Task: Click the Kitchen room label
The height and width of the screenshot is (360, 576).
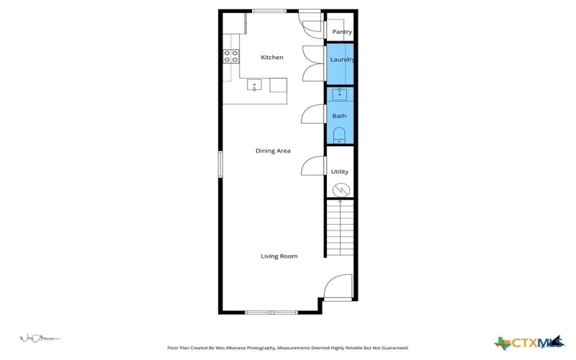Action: click(x=271, y=57)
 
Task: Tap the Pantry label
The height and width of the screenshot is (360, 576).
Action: click(x=342, y=32)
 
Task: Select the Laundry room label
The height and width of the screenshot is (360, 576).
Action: click(x=341, y=59)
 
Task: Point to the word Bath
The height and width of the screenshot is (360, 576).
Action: click(x=339, y=116)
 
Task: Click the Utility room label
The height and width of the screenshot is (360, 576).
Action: click(x=339, y=171)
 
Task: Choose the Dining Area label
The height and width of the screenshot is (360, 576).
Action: click(x=273, y=150)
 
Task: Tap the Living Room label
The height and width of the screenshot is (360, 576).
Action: click(x=279, y=256)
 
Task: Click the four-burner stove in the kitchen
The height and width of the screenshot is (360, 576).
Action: click(x=230, y=56)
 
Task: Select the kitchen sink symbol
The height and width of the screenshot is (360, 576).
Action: click(x=254, y=86)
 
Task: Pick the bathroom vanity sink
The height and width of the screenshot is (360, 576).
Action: click(x=340, y=94)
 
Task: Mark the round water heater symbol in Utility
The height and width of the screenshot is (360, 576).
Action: click(x=341, y=190)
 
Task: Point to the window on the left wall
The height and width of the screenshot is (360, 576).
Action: click(x=220, y=163)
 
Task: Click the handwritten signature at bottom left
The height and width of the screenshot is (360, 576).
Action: click(x=37, y=338)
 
